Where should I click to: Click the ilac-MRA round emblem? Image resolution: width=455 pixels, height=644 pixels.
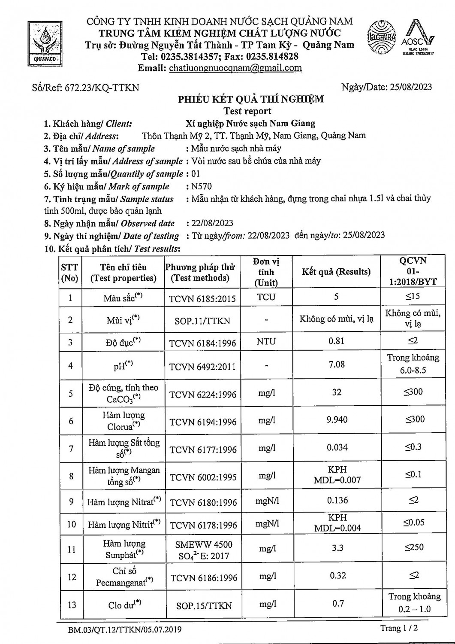pos(381,38)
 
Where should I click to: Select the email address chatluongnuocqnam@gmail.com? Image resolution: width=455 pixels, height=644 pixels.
pos(235,68)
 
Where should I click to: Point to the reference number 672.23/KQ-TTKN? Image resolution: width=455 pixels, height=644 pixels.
pos(102,88)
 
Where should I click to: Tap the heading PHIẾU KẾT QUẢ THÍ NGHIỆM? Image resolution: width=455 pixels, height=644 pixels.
pos(251,99)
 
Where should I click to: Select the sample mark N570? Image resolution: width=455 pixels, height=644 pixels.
pos(202,186)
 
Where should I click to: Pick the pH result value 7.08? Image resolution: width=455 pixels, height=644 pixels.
pos(337,365)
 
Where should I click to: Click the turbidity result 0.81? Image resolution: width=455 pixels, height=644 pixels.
pos(336,341)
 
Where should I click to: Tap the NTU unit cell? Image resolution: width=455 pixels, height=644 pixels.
pos(266,342)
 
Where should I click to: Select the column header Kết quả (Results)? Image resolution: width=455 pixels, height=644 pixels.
pos(336,272)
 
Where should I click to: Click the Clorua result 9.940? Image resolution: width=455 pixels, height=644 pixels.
pos(337,419)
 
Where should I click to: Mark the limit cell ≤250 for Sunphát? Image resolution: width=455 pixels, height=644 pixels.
pos(414,547)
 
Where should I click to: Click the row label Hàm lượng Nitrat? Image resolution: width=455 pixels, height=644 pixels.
pos(124,501)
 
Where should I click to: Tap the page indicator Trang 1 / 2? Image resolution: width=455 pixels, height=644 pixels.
pos(399,628)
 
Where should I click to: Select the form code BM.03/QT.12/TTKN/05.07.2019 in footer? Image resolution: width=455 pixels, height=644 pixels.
pos(124,630)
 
